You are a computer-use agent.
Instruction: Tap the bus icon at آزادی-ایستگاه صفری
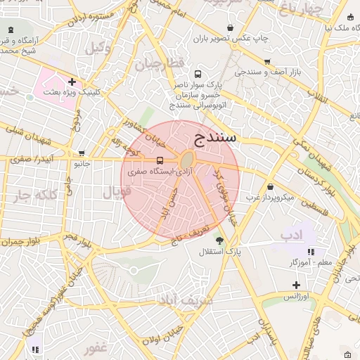[x=160, y=160]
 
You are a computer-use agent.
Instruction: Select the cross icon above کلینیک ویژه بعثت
[x=72, y=82]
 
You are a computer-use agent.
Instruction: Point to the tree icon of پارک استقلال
[x=220, y=240]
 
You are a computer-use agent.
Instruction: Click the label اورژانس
[x=297, y=297]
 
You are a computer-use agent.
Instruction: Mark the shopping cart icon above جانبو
[x=82, y=153]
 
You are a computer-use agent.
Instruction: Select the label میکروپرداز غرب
[x=269, y=197]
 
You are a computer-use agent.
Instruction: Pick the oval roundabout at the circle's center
[x=187, y=160]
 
